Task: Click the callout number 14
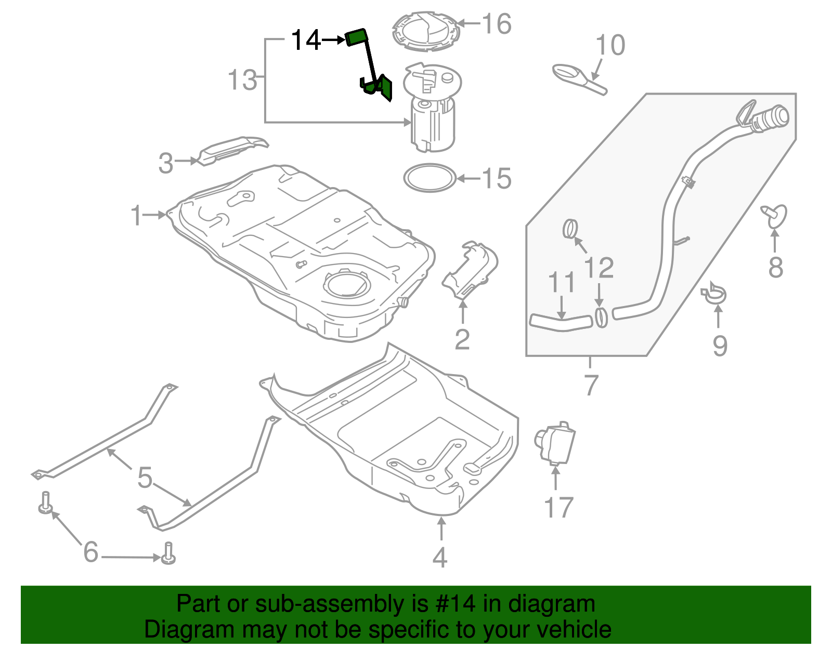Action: pos(306,41)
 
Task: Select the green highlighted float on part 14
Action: pos(357,37)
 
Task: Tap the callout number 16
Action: pos(497,24)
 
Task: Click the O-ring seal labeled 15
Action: pos(430,178)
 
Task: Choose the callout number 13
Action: pos(242,81)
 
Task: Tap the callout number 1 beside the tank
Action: pos(136,215)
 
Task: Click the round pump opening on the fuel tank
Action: pos(347,284)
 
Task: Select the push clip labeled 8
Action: pos(775,216)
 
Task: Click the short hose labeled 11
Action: pos(561,323)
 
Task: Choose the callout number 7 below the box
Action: pos(591,385)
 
